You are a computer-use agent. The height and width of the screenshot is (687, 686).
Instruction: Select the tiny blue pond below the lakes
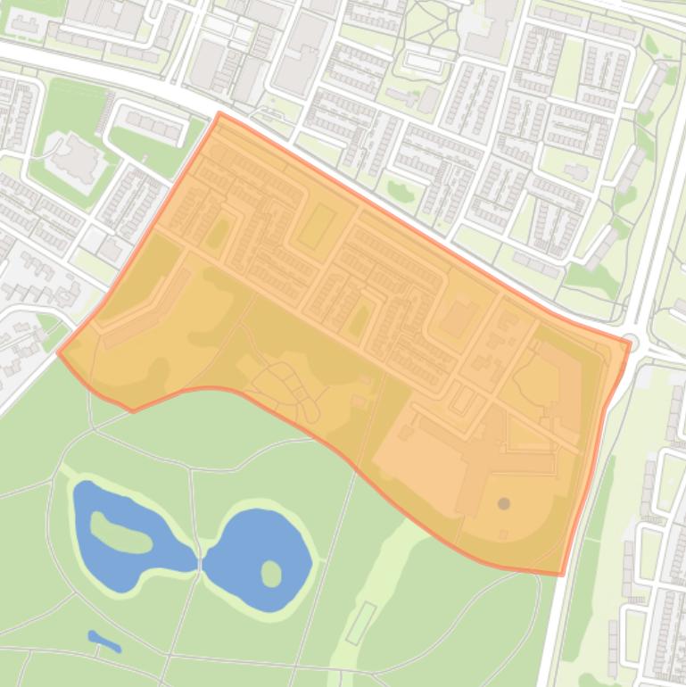point(104,641)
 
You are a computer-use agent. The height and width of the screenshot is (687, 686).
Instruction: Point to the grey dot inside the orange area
point(504,504)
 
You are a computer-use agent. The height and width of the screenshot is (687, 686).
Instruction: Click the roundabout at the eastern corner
point(630,341)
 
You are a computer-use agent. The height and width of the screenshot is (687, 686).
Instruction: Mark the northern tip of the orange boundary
point(219,113)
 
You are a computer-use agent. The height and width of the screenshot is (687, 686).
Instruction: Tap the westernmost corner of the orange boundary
point(59,352)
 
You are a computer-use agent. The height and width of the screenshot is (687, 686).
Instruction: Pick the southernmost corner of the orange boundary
point(560,574)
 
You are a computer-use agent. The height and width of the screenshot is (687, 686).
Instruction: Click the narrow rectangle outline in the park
point(360,623)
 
